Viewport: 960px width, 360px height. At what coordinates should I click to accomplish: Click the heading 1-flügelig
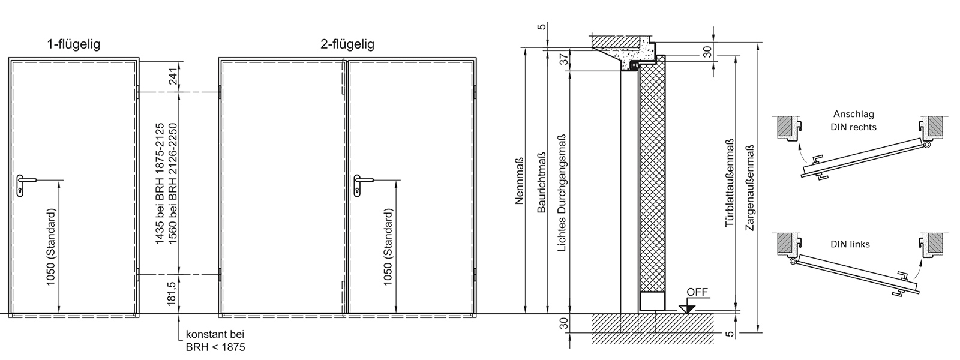pos(74,44)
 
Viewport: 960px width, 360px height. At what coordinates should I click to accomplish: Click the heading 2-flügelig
pos(347,44)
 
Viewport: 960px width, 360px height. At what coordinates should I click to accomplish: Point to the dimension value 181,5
pos(172,293)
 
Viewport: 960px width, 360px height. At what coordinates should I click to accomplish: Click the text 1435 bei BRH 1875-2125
pos(160,184)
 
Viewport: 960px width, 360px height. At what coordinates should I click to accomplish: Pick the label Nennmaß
pos(520,180)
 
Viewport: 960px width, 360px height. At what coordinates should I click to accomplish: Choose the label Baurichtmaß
pos(541,182)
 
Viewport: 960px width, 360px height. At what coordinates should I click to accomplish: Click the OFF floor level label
pos(697,292)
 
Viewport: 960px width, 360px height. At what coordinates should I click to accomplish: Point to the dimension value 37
pos(565,59)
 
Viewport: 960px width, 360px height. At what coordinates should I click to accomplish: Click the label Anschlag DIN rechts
pos(853,121)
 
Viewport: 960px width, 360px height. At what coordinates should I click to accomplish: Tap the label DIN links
pos(850,244)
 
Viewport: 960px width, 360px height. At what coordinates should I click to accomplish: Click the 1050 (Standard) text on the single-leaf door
pos(51,247)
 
